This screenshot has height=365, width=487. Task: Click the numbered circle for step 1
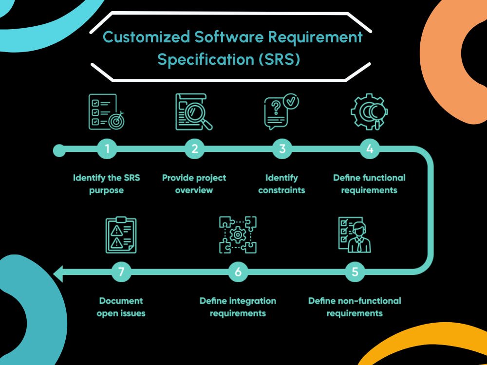107,149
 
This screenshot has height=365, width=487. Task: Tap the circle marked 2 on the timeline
194,149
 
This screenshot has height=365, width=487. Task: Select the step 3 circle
282,149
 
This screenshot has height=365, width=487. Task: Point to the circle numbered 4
370,149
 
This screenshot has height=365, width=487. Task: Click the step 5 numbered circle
355,272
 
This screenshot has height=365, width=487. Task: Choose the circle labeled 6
238,272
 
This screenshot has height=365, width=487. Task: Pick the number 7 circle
121,272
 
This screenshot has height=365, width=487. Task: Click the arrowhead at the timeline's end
58,274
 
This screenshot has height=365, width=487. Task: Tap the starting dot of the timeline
59,150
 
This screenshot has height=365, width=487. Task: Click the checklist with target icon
107,112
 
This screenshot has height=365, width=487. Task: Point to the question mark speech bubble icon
281,112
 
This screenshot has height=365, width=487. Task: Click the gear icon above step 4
369,112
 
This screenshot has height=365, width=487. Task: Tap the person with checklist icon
355,235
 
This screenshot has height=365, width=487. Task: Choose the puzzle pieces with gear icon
238,235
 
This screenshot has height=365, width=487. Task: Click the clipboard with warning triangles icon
121,235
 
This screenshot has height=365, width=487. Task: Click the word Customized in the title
147,37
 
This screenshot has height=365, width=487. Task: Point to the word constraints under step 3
281,190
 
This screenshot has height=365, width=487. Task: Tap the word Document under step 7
121,301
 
